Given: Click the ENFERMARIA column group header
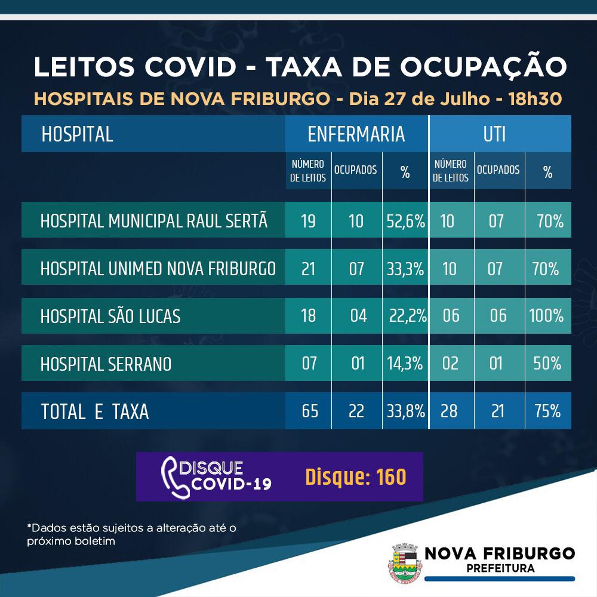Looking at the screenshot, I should tap(356, 134).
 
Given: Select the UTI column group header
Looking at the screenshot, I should tap(495, 134).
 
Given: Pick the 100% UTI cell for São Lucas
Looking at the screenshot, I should tap(546, 315).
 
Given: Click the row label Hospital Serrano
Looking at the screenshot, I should tap(106, 364).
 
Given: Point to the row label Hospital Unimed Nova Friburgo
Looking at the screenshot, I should tap(158, 269).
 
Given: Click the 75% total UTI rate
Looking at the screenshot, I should tap(547, 411).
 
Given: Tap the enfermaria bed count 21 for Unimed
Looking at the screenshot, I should tap(309, 269).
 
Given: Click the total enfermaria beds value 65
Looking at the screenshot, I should tap(309, 411).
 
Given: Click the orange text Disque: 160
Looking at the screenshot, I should tap(356, 476).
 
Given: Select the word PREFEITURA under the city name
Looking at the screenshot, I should tap(500, 568).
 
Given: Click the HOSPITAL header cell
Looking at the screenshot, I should tap(78, 134).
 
